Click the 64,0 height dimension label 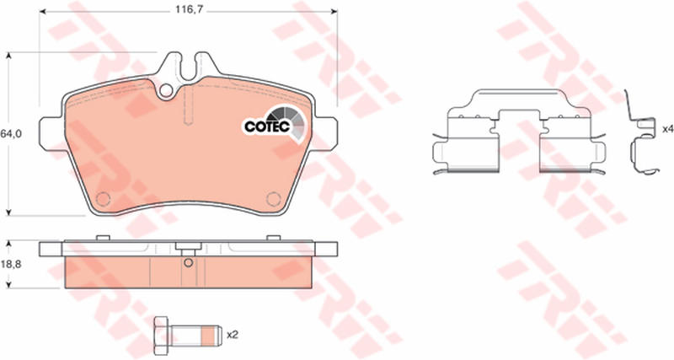click(10, 134)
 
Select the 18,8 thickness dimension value click(10, 264)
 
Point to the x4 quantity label click(667, 129)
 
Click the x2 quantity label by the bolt click(233, 335)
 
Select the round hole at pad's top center click(165, 91)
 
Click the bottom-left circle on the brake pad click(103, 199)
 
